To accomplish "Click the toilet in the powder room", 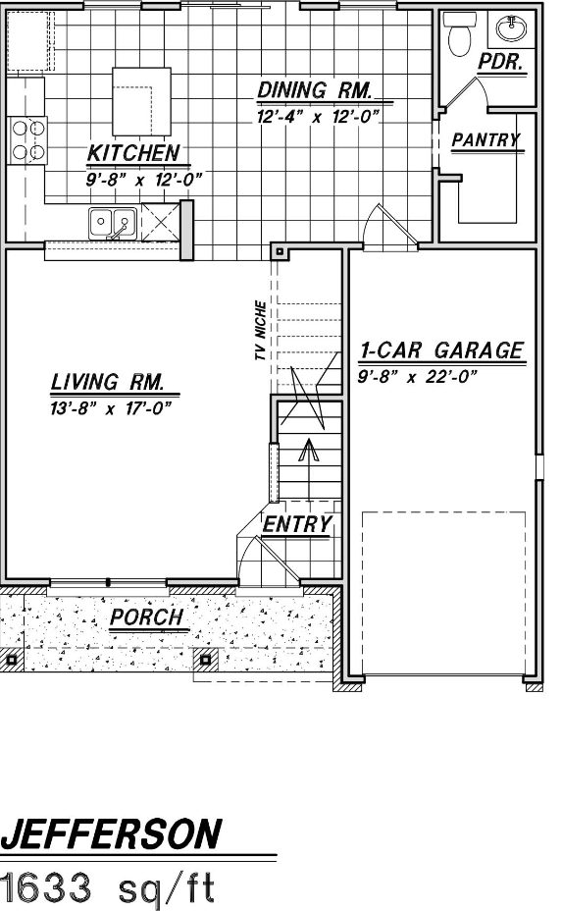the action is pos(459,33).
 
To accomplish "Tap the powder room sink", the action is pos(512,28).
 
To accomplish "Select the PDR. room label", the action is pos(501,62).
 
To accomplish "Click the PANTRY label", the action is pos(485,140).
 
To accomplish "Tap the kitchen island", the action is pos(141,102).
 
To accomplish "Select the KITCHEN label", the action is pos(133,153).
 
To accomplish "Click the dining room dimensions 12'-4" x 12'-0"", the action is pos(318,117).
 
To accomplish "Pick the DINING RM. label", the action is pos(315,90).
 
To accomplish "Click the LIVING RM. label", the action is pos(108,382).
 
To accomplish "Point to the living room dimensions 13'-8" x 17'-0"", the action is pos(111,409).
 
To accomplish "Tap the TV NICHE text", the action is pos(261,331).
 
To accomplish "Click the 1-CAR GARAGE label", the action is pos(441,350).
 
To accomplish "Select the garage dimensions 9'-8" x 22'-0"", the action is pos(418,377).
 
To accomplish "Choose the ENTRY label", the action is pos(298,524).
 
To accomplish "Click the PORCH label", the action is pos(147,617).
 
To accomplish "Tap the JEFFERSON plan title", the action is pos(111,834).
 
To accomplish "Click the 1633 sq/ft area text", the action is pos(108,887).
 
